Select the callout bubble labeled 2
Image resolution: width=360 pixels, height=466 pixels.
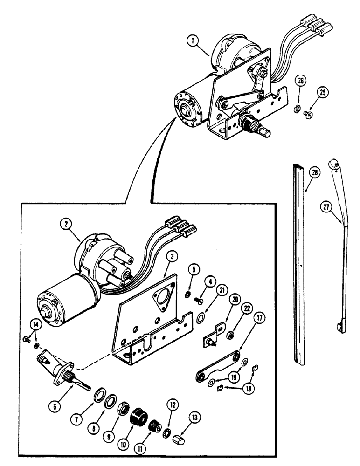68,223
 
